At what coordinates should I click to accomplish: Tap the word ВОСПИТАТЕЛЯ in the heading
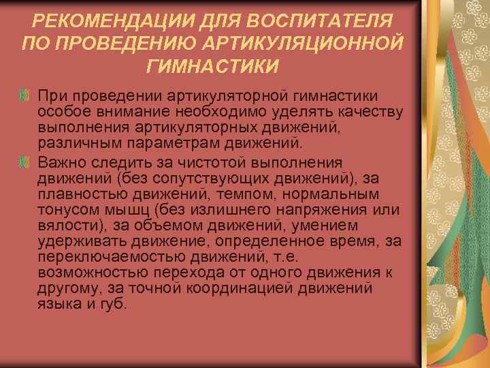(x=315, y=21)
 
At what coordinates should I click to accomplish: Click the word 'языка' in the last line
(x=57, y=305)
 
